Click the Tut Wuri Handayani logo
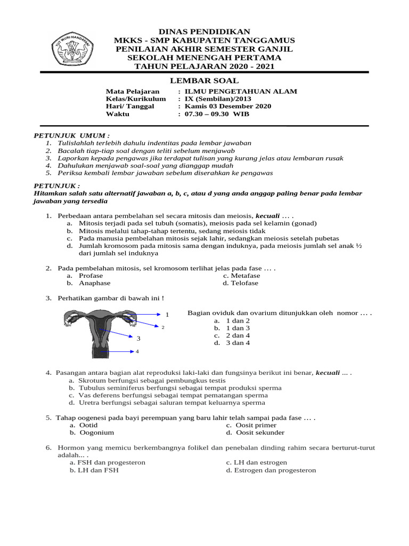point(72,51)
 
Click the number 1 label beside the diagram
point(167,315)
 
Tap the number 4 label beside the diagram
point(137,351)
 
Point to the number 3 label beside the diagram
point(138,339)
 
